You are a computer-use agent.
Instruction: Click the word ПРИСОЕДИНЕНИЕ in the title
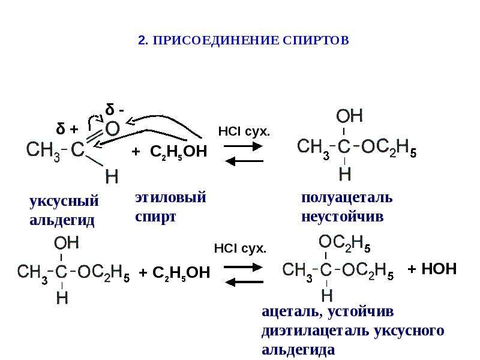click(215, 40)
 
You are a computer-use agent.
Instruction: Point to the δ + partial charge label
click(67, 128)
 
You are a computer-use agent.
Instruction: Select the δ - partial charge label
click(115, 109)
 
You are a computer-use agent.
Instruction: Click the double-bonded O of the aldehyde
click(112, 128)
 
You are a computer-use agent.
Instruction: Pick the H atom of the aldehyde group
click(112, 176)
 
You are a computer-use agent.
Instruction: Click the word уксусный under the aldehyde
click(64, 202)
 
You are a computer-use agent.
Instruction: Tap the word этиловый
click(170, 197)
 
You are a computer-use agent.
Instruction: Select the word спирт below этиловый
click(155, 218)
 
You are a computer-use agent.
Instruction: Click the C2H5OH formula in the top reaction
click(178, 152)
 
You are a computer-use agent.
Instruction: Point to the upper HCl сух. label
click(244, 131)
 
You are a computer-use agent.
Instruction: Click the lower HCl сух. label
click(240, 248)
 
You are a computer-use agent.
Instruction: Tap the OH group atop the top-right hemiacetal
click(349, 116)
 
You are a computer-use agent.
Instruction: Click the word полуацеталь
click(347, 198)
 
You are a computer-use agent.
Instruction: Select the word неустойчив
click(342, 217)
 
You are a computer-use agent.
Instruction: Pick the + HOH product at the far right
click(432, 269)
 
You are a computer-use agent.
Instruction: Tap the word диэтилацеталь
click(316, 331)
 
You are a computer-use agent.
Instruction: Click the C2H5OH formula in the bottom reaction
click(181, 273)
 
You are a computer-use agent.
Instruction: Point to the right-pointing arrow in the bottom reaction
click(243, 267)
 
